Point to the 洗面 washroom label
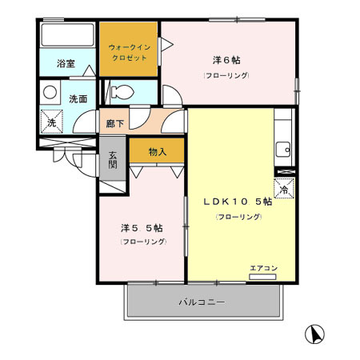(78, 99)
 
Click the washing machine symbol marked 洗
(50, 123)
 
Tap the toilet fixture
(118, 93)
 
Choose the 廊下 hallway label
(114, 125)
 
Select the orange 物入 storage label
(157, 151)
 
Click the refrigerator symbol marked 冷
(284, 189)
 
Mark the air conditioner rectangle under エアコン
(262, 277)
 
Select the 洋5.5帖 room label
(143, 226)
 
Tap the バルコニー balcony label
(201, 303)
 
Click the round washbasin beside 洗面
(50, 92)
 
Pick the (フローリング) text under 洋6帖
(226, 75)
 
